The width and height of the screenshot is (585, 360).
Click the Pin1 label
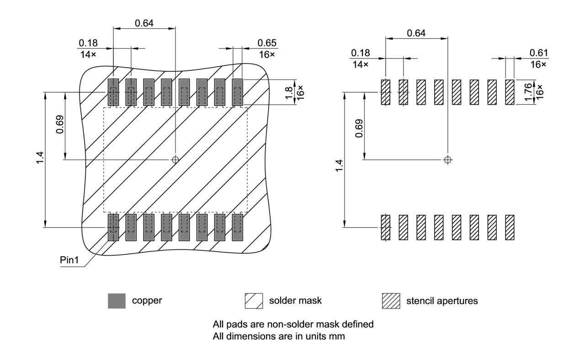(x=69, y=260)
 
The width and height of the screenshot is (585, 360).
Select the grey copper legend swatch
(x=117, y=301)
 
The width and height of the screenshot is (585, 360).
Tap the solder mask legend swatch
(x=254, y=301)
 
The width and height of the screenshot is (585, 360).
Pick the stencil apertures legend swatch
(x=391, y=301)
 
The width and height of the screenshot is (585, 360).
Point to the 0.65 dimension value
(x=267, y=43)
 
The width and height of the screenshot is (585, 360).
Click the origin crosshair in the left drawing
(x=175, y=159)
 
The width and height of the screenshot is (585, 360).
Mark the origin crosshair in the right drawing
(x=448, y=159)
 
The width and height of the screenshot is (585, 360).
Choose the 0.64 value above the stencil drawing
(x=416, y=33)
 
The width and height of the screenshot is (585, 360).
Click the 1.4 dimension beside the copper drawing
(x=41, y=159)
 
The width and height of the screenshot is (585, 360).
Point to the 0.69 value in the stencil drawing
(x=359, y=128)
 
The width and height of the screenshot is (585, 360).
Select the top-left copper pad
(x=113, y=92)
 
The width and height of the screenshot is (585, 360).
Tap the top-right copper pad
(x=237, y=92)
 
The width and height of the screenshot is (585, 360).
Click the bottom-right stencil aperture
(x=510, y=227)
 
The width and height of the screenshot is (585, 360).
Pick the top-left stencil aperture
(x=386, y=92)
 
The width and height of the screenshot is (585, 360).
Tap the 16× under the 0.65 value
(x=267, y=54)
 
